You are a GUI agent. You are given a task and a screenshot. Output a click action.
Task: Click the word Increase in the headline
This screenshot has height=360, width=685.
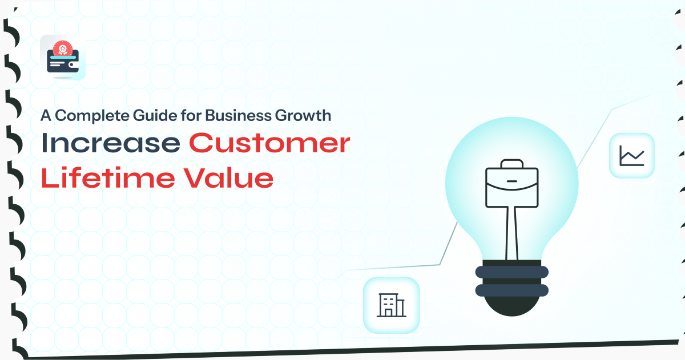110,143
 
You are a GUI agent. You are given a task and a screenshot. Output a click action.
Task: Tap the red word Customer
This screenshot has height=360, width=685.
269,143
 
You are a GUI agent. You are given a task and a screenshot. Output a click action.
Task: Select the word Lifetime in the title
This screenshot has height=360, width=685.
108,177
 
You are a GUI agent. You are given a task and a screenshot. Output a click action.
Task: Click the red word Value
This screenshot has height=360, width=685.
228,177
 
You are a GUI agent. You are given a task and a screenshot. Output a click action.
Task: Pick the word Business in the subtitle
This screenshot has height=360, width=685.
238,115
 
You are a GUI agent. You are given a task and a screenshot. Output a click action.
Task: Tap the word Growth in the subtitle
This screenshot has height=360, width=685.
303,115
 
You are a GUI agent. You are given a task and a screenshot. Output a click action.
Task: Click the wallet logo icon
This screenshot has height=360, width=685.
63,58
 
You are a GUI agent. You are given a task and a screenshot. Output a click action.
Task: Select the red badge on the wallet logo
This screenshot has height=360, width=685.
63,48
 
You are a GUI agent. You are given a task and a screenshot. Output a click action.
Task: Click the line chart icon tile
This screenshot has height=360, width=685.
632,156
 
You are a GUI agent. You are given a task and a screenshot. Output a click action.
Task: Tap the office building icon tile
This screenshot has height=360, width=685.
392,305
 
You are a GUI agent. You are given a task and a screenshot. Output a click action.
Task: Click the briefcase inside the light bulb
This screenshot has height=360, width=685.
512,183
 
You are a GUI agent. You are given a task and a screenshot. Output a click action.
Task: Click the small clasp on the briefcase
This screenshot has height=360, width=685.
512,181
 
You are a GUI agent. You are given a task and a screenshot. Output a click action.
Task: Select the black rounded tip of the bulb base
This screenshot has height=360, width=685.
512,306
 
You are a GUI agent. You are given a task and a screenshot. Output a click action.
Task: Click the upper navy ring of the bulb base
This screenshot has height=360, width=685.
512,272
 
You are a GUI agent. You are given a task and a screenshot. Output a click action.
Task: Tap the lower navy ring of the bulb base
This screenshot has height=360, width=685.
512,290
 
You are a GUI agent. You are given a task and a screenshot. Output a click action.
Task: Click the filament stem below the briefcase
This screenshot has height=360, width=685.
511,233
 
